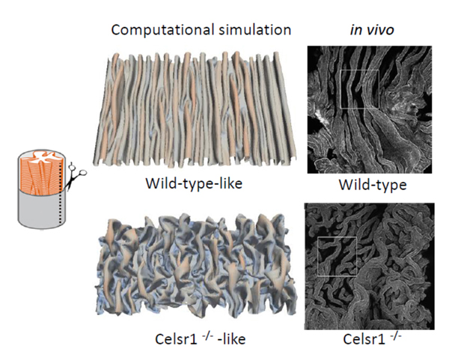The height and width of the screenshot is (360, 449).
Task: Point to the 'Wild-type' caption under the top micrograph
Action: [x=367, y=185]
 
